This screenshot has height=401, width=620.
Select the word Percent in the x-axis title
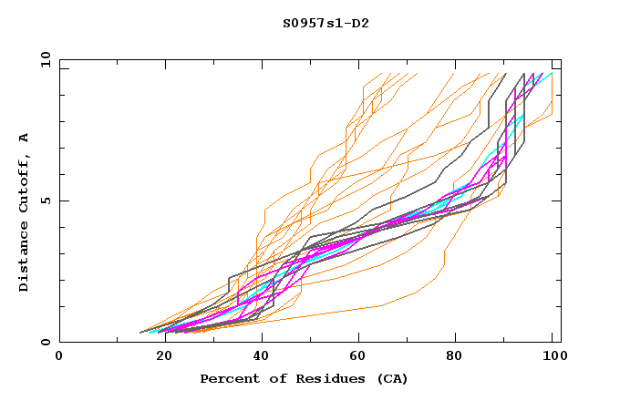click(228, 378)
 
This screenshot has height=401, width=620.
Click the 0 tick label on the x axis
click(59, 356)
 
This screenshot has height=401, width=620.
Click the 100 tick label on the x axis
click(553, 356)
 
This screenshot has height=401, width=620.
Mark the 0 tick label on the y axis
click(45, 343)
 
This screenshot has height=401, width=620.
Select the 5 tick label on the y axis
click(45, 200)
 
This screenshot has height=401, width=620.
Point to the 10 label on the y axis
click(42, 59)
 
